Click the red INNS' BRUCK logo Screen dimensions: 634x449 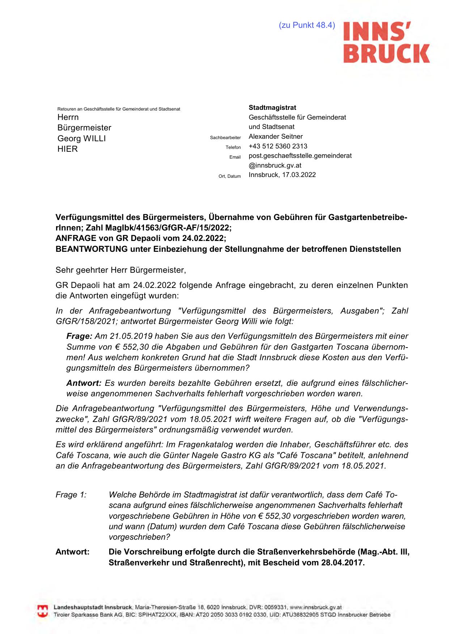(386, 42)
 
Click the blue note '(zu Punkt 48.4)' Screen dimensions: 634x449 (307, 25)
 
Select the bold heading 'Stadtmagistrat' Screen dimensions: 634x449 (272, 108)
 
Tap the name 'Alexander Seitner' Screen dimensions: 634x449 (275, 137)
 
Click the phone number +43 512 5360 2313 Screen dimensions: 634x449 (278, 146)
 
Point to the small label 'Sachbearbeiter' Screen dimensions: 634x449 (225, 138)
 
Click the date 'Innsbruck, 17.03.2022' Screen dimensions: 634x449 (282, 175)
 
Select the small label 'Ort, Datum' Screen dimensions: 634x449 (229, 176)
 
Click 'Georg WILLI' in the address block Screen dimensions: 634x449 (81, 138)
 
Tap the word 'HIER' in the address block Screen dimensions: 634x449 (68, 149)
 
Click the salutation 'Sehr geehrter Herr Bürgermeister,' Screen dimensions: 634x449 (120, 270)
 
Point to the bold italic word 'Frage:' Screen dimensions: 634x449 (79, 336)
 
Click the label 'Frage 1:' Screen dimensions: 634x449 (71, 495)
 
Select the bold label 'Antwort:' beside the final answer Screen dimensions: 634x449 (72, 552)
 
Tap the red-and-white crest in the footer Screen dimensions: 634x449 (43, 611)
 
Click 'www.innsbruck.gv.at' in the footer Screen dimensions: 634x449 (315, 607)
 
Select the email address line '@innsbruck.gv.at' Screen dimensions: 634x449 (275, 165)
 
